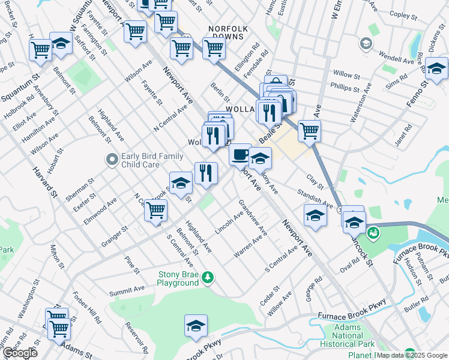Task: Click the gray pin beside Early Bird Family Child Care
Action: [111, 160]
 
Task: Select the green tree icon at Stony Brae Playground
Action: [208, 277]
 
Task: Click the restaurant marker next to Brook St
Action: [206, 173]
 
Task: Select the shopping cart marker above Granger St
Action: [156, 211]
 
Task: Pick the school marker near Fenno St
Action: [436, 67]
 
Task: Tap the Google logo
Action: [19, 353]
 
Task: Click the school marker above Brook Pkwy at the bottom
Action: [196, 326]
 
